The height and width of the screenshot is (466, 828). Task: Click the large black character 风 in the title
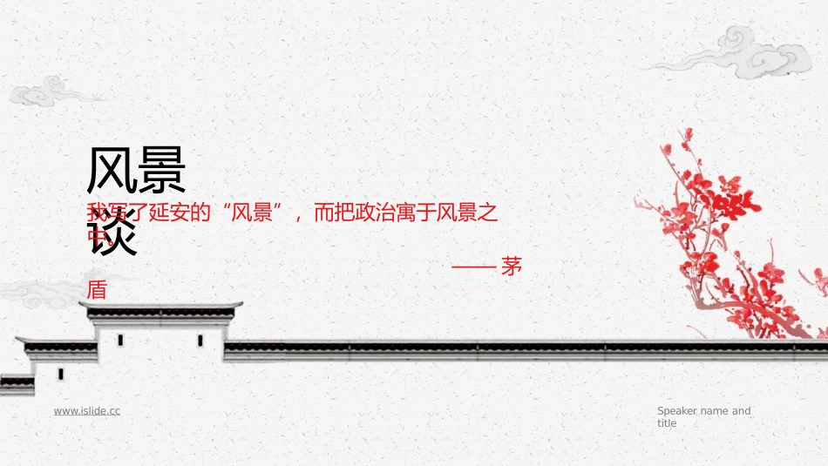point(111,172)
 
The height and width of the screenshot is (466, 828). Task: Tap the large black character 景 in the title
point(161,172)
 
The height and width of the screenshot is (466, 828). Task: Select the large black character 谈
point(113,233)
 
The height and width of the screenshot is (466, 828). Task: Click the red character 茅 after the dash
point(512,267)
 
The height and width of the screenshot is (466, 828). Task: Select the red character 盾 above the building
point(97,290)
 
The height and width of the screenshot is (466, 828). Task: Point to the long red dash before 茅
point(473,268)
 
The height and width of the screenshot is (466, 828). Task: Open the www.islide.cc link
point(87,410)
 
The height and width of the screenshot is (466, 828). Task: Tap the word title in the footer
point(667,423)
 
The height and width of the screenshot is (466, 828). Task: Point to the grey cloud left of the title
point(48,91)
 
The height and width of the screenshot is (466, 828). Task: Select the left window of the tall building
point(120,340)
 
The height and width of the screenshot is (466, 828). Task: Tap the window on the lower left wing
point(60,374)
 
